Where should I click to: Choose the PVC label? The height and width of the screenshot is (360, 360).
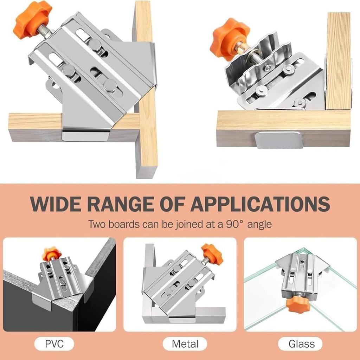click(54, 343)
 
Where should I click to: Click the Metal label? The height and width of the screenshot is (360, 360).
click(185, 343)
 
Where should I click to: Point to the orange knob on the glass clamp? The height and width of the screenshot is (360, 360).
click(297, 304)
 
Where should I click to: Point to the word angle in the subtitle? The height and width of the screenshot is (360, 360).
click(259, 224)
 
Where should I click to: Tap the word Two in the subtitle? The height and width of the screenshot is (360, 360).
click(96, 224)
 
